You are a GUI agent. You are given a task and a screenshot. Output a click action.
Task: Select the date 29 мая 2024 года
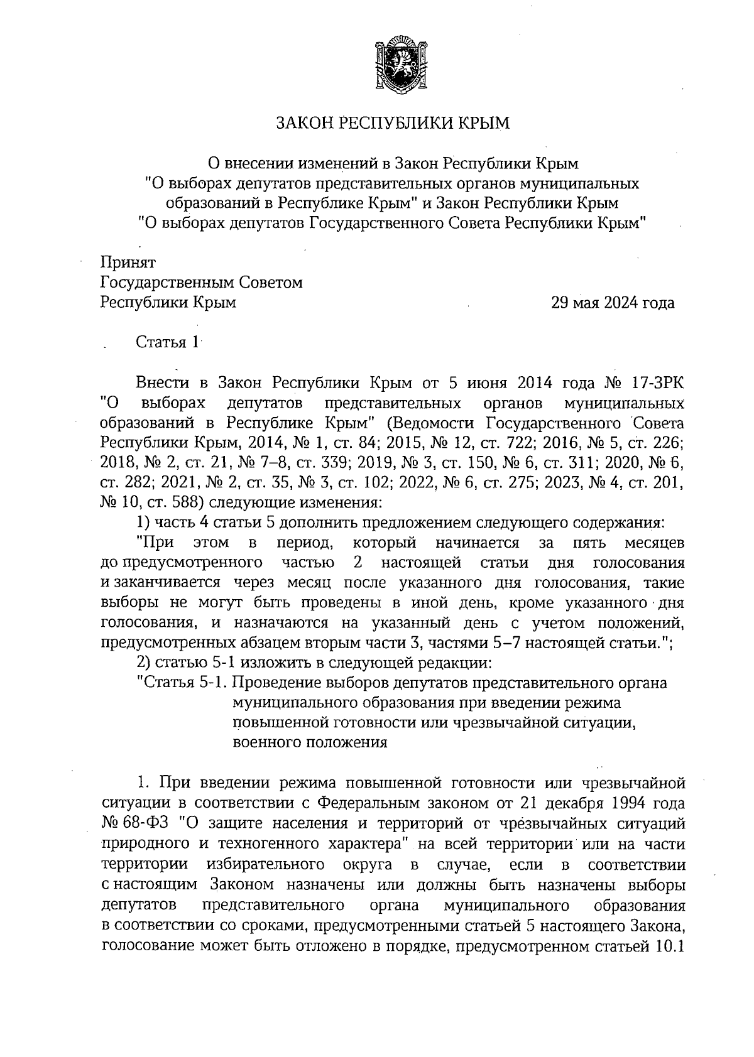pos(613,303)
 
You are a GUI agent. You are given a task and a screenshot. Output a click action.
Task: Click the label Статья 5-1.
pos(180,683)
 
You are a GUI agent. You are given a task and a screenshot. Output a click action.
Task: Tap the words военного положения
pos(309,743)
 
